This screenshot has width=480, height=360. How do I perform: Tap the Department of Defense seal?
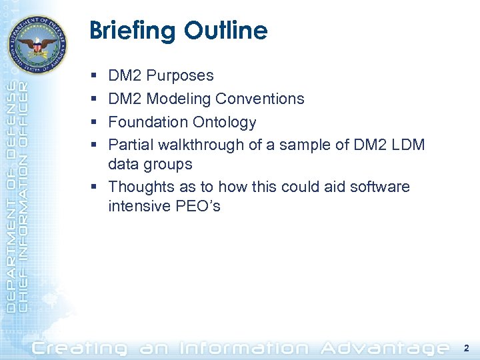(x=37, y=45)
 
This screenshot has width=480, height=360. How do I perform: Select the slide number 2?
(x=465, y=348)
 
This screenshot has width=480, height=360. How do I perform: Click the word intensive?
(x=137, y=207)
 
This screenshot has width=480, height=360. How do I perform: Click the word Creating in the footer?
(x=79, y=348)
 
